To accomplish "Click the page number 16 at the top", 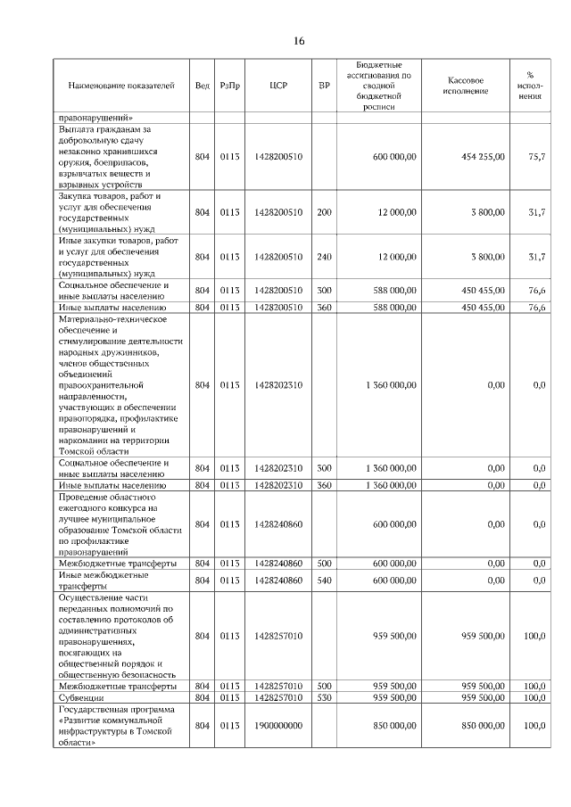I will pyautogui.click(x=298, y=41).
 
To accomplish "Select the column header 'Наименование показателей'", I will pyautogui.click(x=122, y=86).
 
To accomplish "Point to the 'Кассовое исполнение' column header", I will pyautogui.click(x=464, y=86).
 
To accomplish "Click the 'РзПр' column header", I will pyautogui.click(x=230, y=86).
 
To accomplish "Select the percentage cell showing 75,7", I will pyautogui.click(x=536, y=156).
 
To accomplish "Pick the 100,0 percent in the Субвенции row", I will pyautogui.click(x=534, y=697).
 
